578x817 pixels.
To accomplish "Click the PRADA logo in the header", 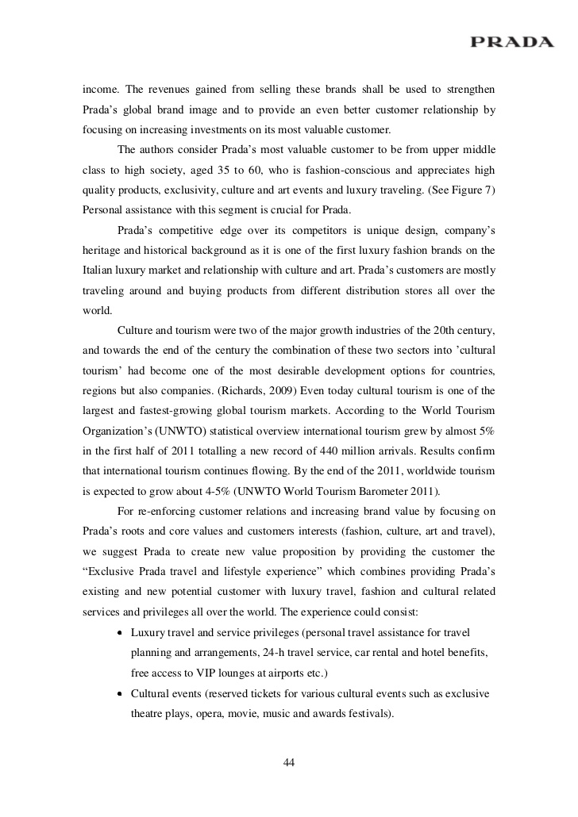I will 511,42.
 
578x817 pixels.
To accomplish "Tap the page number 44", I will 289,763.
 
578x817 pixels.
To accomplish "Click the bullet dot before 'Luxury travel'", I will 119,633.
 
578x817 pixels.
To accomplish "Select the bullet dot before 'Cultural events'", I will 119,694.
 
